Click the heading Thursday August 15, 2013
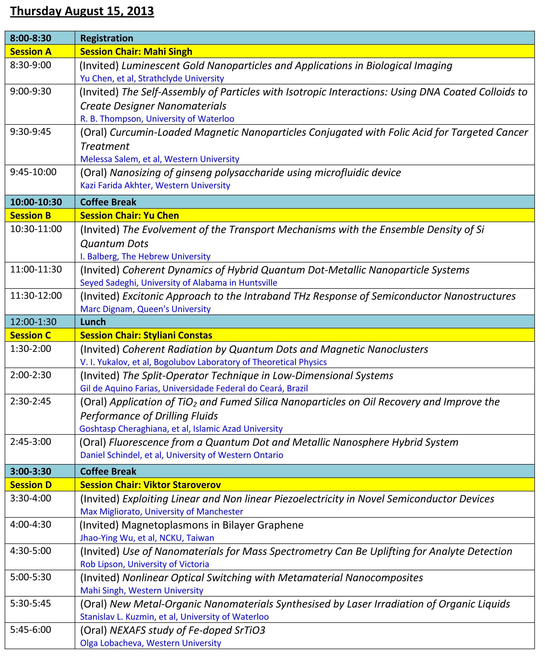coord(82,11)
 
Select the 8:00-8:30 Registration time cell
coord(30,38)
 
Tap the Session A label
coord(30,51)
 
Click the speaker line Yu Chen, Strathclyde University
coord(152,78)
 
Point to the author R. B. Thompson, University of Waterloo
coord(157,119)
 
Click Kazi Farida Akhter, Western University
coord(155,185)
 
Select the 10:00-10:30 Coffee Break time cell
coord(36,202)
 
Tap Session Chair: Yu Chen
coord(129,215)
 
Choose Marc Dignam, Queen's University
coord(145,309)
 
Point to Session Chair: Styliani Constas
coord(146,335)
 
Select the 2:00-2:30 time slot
coord(30,375)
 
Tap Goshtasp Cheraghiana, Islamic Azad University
coord(181,428)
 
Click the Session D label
coord(30,485)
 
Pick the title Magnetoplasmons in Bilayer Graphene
coord(212,525)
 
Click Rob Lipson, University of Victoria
coord(144,564)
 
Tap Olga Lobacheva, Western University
coord(150,643)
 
